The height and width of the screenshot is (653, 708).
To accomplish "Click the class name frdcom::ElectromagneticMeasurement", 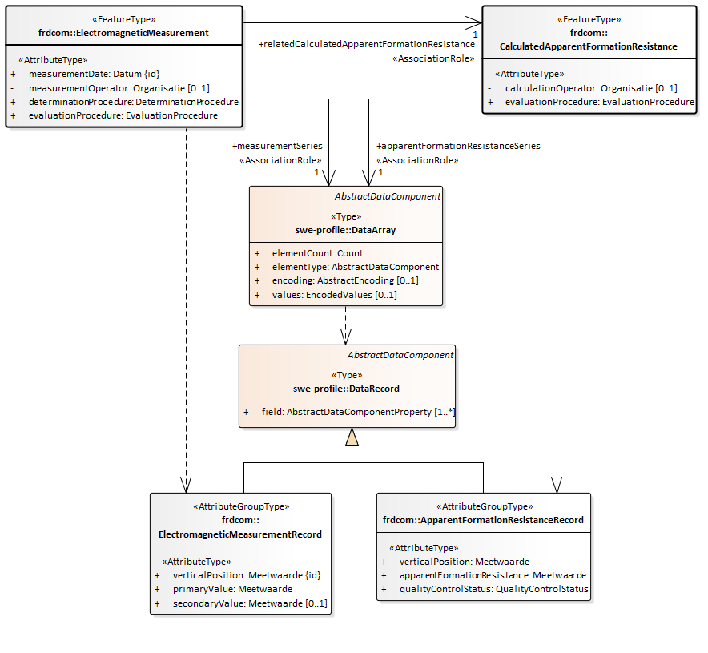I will (123, 33).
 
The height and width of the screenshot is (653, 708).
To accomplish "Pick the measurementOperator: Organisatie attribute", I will (119, 87).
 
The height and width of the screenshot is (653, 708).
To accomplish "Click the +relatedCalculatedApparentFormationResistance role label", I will (366, 45).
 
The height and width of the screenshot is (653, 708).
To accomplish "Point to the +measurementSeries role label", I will (277, 146).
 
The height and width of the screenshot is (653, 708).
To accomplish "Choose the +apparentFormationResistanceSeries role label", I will (458, 146).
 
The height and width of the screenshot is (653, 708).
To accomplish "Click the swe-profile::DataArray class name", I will (346, 229).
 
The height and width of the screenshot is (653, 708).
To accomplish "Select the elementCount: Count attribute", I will (317, 253).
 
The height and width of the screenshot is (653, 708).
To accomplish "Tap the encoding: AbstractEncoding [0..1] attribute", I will (345, 280).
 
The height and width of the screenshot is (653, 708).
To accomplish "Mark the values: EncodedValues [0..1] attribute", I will (334, 295).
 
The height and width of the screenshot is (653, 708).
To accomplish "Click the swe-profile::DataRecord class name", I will (346, 389).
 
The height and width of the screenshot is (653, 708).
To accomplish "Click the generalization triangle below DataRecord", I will (352, 437).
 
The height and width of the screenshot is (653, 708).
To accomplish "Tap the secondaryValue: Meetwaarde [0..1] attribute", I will (250, 603).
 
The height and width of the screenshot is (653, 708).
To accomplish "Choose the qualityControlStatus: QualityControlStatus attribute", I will (494, 589).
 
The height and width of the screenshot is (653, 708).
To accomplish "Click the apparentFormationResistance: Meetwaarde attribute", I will (493, 575).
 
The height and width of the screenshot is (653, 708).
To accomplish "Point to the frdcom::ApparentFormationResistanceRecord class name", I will (483, 520).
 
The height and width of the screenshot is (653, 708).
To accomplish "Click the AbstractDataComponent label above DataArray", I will (387, 196).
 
